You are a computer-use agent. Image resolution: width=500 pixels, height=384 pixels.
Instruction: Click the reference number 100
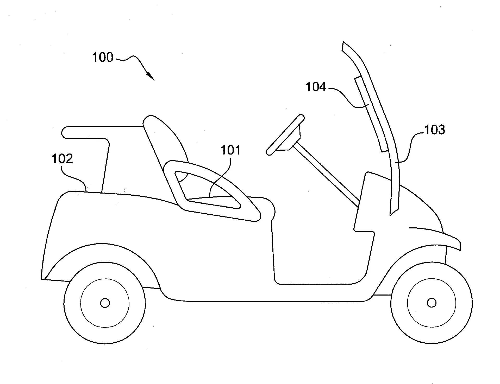(103, 57)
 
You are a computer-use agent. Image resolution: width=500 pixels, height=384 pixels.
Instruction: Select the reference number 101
(230, 150)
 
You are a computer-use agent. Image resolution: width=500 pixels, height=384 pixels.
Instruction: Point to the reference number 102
(62, 159)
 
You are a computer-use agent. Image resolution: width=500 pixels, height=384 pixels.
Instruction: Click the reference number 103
(434, 130)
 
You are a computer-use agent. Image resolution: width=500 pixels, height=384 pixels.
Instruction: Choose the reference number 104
(316, 87)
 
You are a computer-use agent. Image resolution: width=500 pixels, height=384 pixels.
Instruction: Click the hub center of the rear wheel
(105, 303)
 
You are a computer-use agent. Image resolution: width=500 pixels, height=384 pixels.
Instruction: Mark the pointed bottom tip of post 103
(390, 215)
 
